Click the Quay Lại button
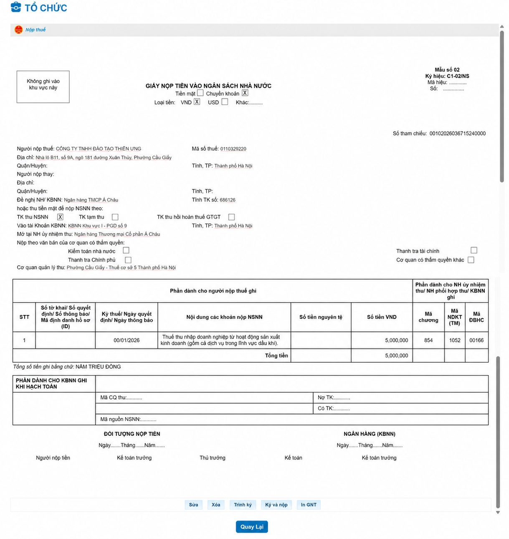pyautogui.click(x=252, y=526)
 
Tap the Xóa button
pyautogui.click(x=216, y=505)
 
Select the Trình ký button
pyautogui.click(x=243, y=505)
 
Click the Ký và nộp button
pyautogui.click(x=276, y=505)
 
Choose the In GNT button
pyautogui.click(x=309, y=505)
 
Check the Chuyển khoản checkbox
pyautogui.click(x=245, y=93)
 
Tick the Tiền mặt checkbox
pyautogui.click(x=200, y=93)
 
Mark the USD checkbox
pyautogui.click(x=225, y=102)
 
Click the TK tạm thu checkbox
pyautogui.click(x=115, y=217)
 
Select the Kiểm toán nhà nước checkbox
pyautogui.click(x=126, y=250)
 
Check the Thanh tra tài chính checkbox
pyautogui.click(x=474, y=250)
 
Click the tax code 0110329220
pyautogui.click(x=233, y=149)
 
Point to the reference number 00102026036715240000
pyautogui.click(x=457, y=134)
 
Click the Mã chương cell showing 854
pyautogui.click(x=428, y=340)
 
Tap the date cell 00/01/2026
pyautogui.click(x=127, y=340)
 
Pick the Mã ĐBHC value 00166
pyautogui.click(x=476, y=340)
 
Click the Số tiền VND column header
pyautogui.click(x=382, y=317)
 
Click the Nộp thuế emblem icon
pyautogui.click(x=19, y=30)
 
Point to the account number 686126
pyautogui.click(x=228, y=200)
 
